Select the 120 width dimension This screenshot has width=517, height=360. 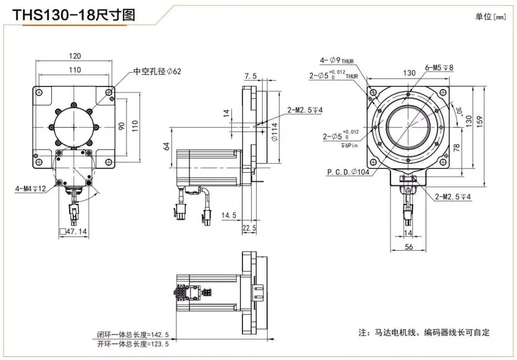point(74,56)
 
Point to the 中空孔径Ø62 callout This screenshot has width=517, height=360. point(157,71)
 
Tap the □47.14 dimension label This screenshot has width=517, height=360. point(73,232)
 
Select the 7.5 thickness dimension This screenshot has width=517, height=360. point(250,76)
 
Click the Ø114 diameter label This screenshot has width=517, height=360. point(274,131)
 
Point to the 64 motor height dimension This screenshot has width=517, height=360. point(166,146)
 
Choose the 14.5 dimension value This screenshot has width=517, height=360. point(229,216)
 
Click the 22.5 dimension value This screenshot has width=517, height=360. point(249,228)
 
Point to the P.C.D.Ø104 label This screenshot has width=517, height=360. point(349,172)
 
